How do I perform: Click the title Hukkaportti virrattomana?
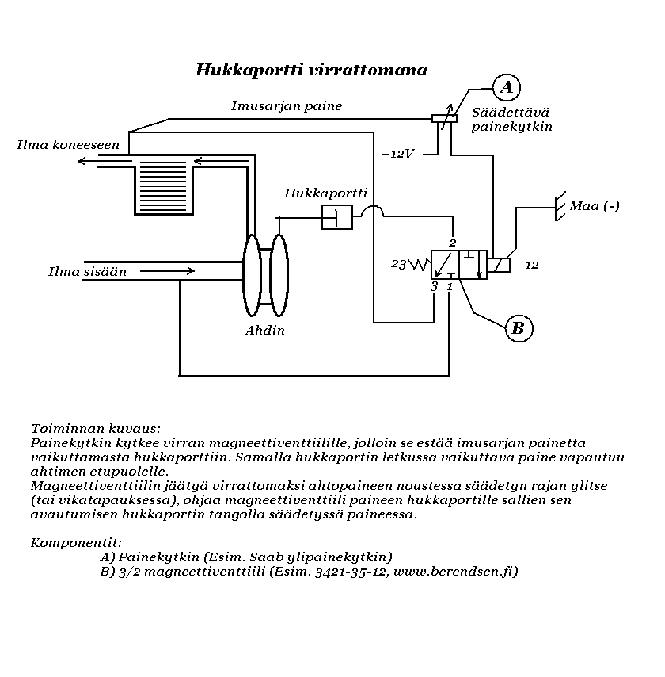311,70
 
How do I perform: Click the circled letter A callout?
506,86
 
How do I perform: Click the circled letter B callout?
519,327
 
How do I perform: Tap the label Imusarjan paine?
287,106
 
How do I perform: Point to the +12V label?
397,154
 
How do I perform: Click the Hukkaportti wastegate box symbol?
336,216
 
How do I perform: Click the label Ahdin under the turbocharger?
265,330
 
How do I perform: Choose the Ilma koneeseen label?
68,145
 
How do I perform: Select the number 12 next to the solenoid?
532,265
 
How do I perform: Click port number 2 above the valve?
453,242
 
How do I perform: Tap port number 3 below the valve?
434,287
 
